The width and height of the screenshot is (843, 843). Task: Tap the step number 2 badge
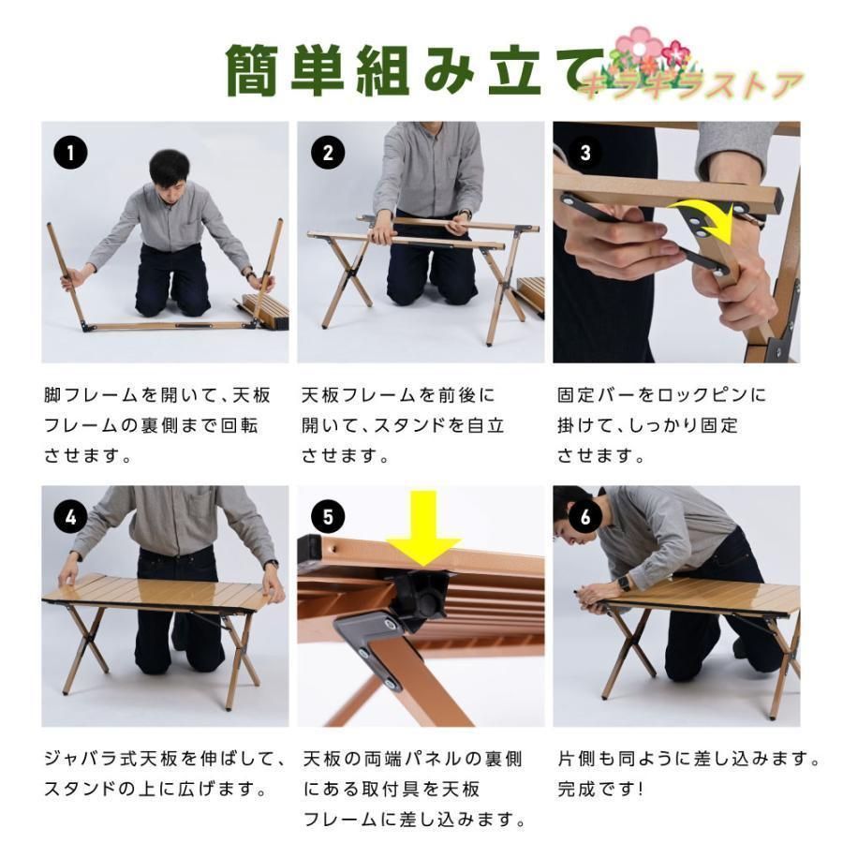tap(327, 152)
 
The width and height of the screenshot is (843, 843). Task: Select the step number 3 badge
tap(584, 152)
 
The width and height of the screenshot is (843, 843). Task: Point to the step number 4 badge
tap(71, 515)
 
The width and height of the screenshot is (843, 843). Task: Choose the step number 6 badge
tap(584, 515)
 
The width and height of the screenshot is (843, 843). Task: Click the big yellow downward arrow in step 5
tap(424, 528)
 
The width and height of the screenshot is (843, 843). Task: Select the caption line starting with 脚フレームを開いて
tap(156, 394)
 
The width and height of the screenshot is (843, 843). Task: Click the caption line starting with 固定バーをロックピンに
tap(661, 394)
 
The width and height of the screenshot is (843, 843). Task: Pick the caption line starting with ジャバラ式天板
tap(163, 757)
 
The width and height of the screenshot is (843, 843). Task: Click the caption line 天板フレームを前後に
tap(397, 394)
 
